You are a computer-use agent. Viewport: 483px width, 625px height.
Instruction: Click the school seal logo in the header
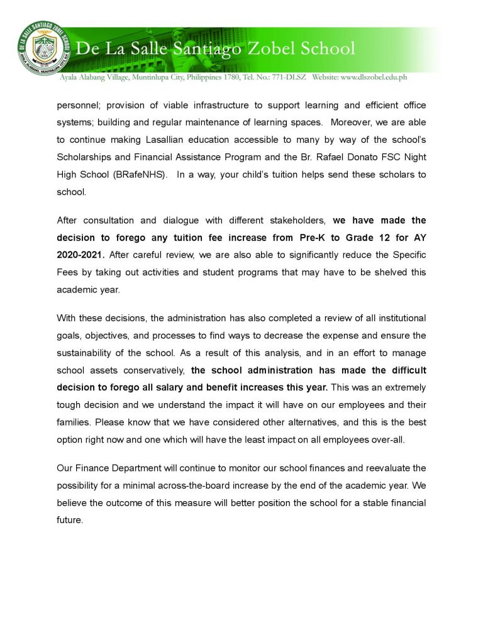click(42, 49)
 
